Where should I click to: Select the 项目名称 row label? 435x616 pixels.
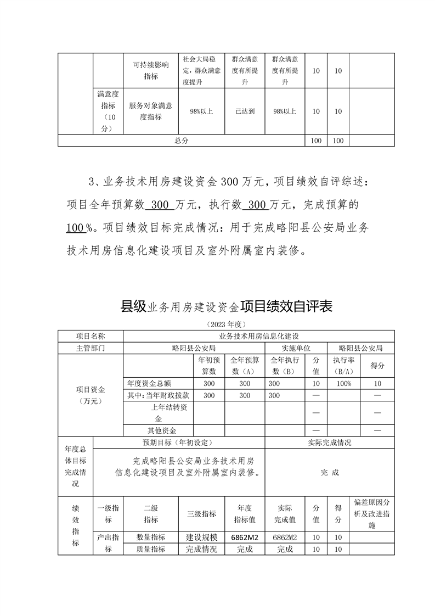click(x=91, y=335)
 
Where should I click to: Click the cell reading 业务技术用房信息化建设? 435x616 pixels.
click(x=258, y=335)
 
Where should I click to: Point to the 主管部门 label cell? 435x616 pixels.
click(x=91, y=348)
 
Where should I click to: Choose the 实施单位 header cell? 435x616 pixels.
click(x=296, y=348)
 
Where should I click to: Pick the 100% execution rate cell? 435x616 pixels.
click(x=344, y=383)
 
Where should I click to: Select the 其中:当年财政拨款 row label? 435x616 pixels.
click(x=158, y=395)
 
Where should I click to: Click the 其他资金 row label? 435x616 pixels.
click(x=158, y=430)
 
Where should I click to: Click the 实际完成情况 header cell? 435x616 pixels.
click(x=329, y=443)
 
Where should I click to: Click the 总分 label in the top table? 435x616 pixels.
click(x=182, y=141)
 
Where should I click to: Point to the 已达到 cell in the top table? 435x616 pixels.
click(x=245, y=111)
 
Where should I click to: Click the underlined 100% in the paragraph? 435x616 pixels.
click(x=77, y=227)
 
